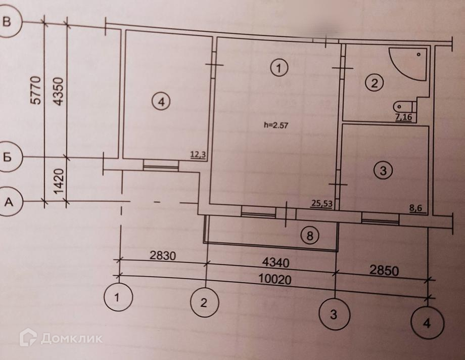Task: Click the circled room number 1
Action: [x=278, y=67]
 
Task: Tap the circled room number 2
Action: [x=375, y=83]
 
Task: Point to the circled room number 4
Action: [x=161, y=102]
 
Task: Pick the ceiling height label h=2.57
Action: [x=275, y=126]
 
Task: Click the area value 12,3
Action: [x=198, y=155]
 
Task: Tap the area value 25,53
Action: [x=321, y=203]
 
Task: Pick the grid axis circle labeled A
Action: [x=8, y=202]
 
